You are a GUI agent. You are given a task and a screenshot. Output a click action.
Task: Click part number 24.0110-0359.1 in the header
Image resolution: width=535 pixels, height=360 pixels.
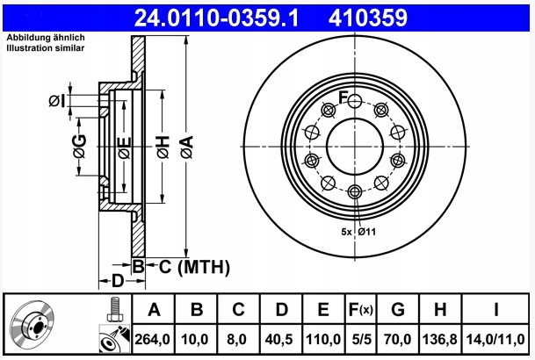pos(216,18)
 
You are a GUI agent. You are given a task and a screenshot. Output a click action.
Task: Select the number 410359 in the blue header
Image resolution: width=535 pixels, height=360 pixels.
pos(368,18)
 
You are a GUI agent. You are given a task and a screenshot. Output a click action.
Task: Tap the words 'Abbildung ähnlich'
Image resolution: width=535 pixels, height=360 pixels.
pos(46,38)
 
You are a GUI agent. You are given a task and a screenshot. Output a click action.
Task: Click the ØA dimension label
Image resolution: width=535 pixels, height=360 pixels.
pos(187,147)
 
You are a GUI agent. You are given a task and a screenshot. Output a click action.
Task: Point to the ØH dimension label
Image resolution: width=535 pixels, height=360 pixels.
pos(163,147)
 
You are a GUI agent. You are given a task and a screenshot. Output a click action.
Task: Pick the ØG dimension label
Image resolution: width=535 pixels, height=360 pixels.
pos(79,147)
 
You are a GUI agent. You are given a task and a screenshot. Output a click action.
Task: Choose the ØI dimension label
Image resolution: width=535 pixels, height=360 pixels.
pos(56,101)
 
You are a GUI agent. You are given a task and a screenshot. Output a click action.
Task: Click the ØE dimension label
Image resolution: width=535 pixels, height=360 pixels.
pos(125,148)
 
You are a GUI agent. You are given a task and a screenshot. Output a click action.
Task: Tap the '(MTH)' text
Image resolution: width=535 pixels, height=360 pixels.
pos(204,267)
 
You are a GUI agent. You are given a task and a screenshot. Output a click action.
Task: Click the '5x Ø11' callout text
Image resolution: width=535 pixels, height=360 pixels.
pos(358,232)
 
